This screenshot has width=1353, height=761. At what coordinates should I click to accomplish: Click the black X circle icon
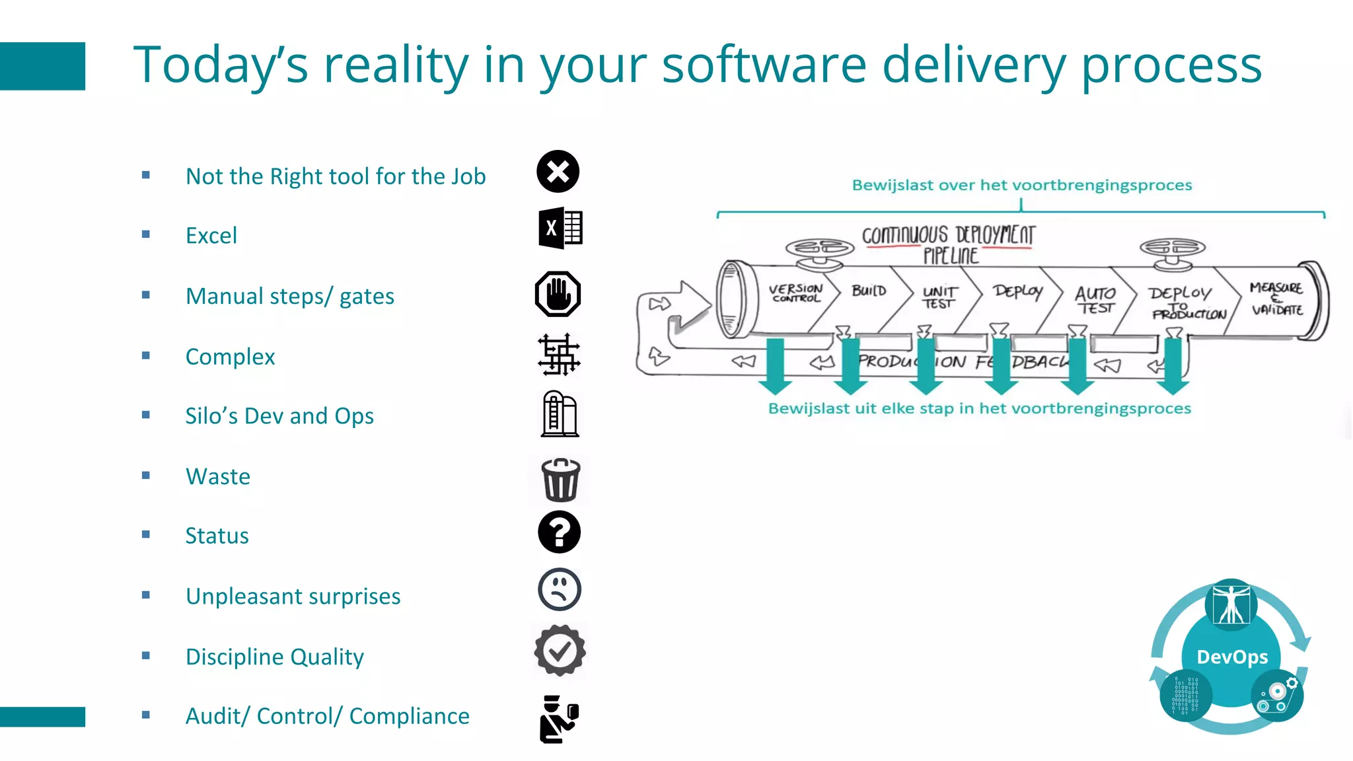(x=558, y=172)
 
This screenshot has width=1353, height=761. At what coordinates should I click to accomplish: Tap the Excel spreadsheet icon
(x=560, y=228)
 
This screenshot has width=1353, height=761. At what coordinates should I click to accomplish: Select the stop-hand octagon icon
(x=558, y=294)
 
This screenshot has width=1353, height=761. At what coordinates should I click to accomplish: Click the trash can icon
(x=560, y=480)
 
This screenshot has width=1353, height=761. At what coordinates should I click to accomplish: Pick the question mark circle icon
(x=559, y=532)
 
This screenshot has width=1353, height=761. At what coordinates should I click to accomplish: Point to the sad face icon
(x=559, y=589)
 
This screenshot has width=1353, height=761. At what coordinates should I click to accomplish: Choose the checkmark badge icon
(x=560, y=651)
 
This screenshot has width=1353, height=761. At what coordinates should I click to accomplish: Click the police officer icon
(x=559, y=719)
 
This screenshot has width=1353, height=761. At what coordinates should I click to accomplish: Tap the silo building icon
(x=560, y=414)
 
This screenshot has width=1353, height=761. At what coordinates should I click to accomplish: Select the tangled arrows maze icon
(x=559, y=355)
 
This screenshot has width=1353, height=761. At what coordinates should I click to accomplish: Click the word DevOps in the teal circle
(x=1232, y=657)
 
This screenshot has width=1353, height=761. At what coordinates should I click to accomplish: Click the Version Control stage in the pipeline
(x=796, y=293)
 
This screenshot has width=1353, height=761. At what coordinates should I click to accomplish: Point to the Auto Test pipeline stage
(x=1095, y=300)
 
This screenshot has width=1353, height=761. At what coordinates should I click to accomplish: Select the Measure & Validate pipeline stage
(x=1276, y=299)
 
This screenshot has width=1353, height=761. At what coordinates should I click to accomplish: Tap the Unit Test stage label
(x=939, y=297)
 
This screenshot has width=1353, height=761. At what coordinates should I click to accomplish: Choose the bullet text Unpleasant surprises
(x=293, y=596)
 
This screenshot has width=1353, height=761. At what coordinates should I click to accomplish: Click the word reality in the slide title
(x=396, y=65)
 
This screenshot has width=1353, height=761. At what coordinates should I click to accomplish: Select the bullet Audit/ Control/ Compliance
(x=327, y=715)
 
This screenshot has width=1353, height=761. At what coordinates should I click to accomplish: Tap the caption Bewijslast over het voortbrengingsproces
(x=1021, y=185)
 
